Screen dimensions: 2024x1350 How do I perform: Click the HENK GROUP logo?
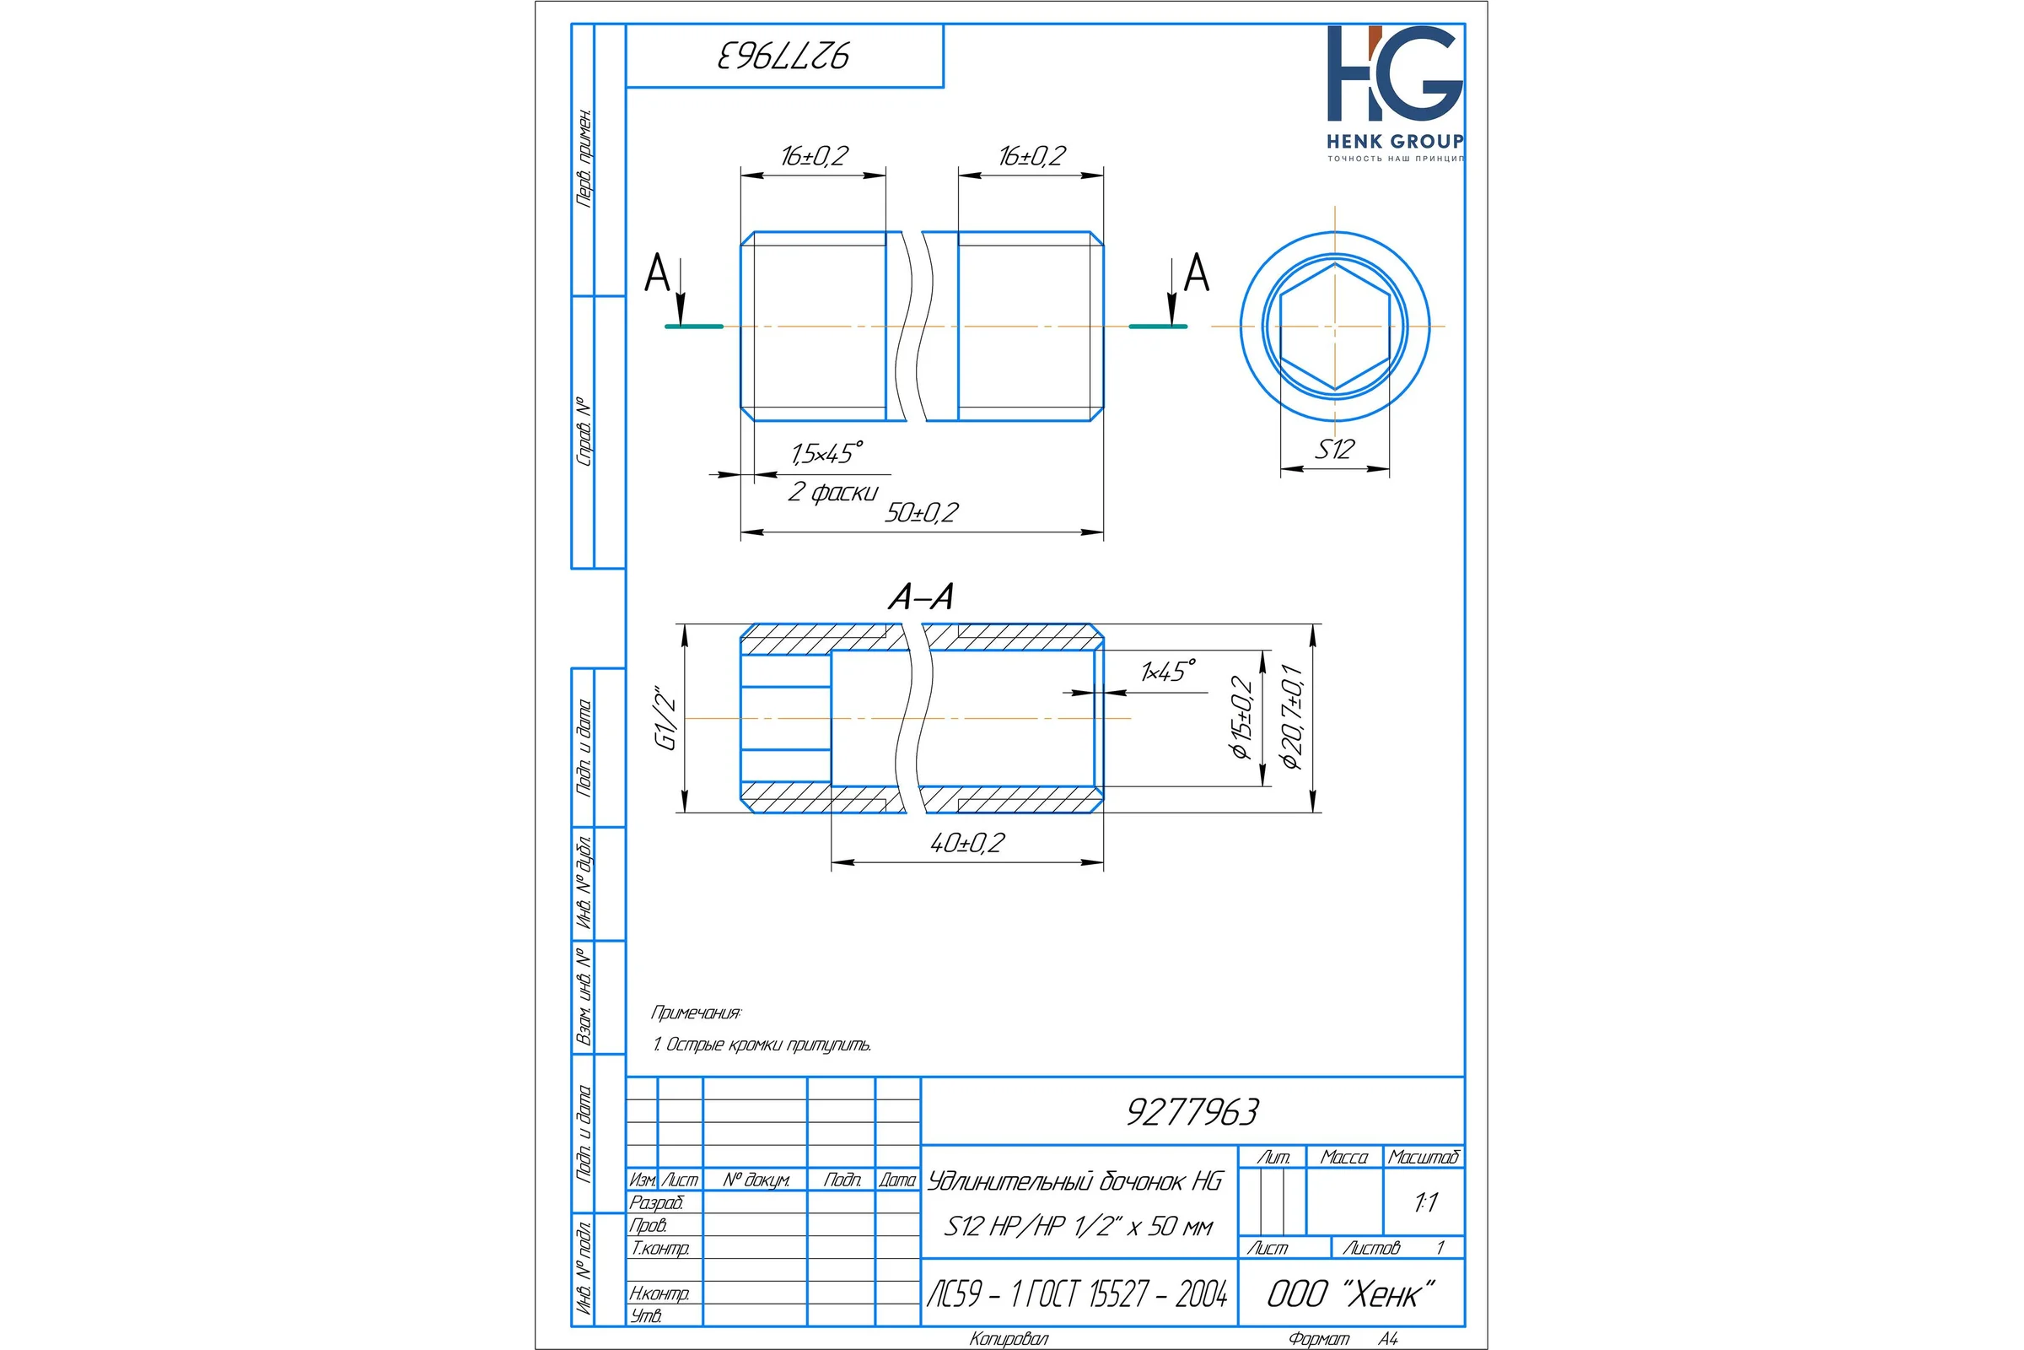1394,93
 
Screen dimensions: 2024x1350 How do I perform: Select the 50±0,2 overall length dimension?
922,512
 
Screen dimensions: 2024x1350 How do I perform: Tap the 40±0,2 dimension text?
967,843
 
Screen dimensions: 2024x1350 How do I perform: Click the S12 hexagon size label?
1334,449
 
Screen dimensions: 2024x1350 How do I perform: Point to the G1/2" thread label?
666,718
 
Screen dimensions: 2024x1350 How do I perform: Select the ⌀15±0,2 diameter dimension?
1241,717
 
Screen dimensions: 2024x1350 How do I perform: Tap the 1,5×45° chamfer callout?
827,453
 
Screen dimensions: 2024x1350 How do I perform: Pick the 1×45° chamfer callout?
1168,671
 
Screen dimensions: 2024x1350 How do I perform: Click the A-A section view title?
921,597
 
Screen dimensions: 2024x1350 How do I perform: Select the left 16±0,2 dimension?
814,156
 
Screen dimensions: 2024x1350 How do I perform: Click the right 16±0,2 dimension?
1031,156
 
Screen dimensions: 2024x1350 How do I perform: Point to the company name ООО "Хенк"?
1350,1293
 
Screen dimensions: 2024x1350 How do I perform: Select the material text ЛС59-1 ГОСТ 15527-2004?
1078,1293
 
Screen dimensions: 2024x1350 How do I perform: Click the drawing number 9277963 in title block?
1192,1111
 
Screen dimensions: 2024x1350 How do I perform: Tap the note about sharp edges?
762,1045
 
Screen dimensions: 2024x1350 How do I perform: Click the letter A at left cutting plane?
658,273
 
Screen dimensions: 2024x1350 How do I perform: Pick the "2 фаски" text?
833,492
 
